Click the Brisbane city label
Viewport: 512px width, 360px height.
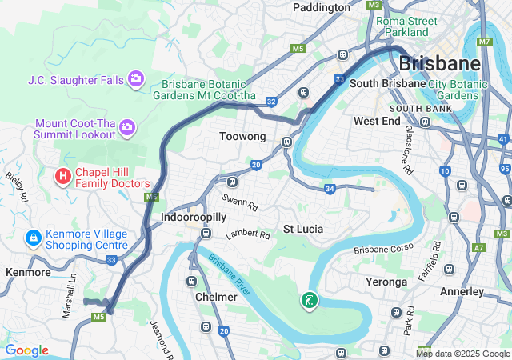click(x=439, y=63)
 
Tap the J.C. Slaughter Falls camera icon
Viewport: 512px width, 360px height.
click(x=136, y=78)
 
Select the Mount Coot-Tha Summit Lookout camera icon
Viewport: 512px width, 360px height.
click(x=127, y=127)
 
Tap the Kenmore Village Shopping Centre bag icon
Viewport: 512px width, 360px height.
click(x=33, y=238)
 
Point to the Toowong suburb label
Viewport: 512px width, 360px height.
click(x=242, y=137)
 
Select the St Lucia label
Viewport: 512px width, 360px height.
click(x=303, y=229)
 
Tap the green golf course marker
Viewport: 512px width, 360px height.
click(x=309, y=301)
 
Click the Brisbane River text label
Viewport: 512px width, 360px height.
click(x=230, y=274)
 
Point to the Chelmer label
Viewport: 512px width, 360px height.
click(x=216, y=297)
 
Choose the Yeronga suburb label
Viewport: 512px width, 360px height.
click(x=386, y=282)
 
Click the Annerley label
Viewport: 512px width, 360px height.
click(x=462, y=291)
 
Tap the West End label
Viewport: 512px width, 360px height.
click(x=377, y=121)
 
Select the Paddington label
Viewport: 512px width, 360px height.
click(x=322, y=7)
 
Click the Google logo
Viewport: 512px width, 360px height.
click(x=26, y=350)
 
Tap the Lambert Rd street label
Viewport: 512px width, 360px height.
click(x=248, y=234)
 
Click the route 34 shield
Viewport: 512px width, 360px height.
click(x=329, y=189)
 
